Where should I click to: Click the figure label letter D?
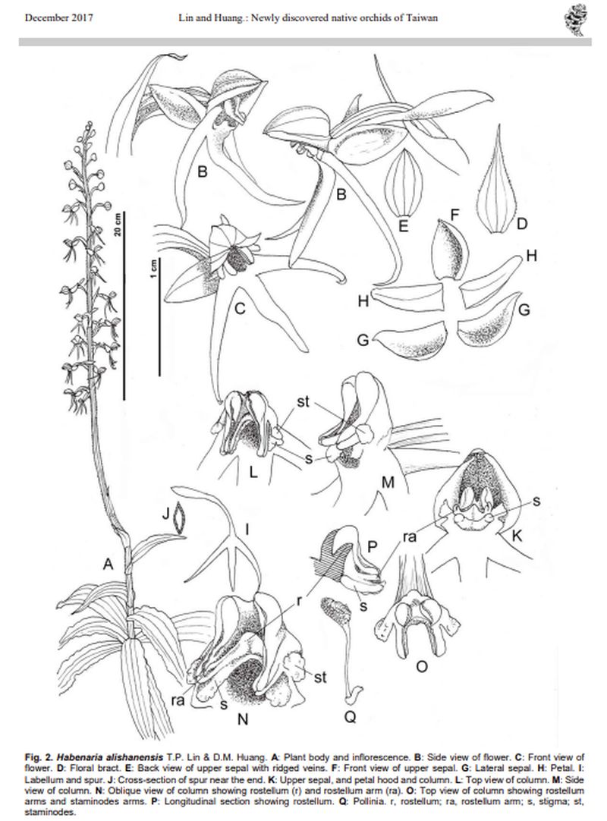(x=521, y=224)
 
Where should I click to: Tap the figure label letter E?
(x=403, y=225)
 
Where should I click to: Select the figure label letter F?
(x=454, y=214)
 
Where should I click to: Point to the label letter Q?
(x=350, y=716)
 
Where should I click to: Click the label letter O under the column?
(x=422, y=666)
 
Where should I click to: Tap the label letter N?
(x=243, y=719)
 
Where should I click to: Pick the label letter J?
(x=166, y=513)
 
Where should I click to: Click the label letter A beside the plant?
(x=108, y=564)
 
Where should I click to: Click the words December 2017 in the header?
(x=58, y=17)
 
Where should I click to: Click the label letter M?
(x=388, y=482)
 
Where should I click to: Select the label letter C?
(x=239, y=308)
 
